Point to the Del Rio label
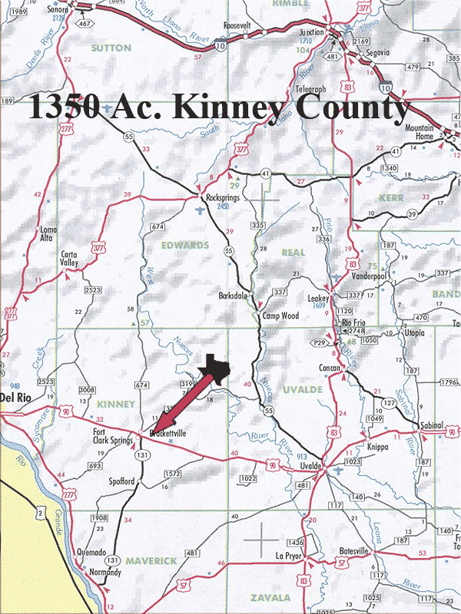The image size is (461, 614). tap(15, 397)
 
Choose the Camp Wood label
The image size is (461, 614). tap(280, 315)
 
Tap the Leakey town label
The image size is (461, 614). tap(317, 299)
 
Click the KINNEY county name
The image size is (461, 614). tap(117, 404)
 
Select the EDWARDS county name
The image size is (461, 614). tap(184, 245)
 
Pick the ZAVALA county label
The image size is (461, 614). tap(269, 596)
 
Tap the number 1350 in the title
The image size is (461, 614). tap(64, 108)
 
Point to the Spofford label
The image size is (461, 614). tap(117, 481)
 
